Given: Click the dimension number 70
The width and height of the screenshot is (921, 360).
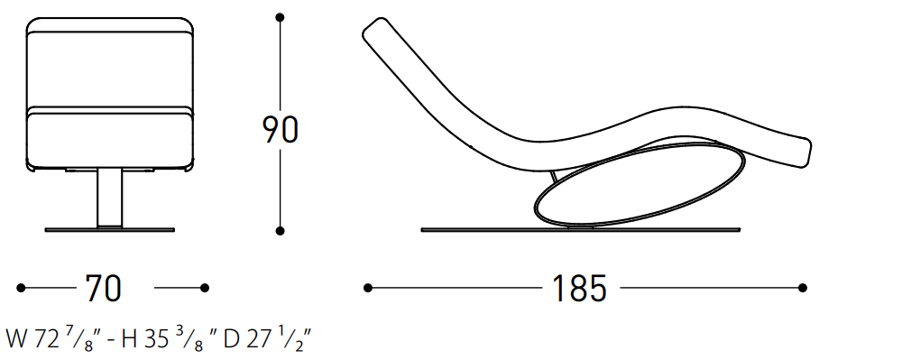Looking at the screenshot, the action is click(x=104, y=288).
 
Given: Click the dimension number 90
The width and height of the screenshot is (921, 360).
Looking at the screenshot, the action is click(x=281, y=130).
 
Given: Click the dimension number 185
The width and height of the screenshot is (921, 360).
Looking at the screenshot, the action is click(x=579, y=288).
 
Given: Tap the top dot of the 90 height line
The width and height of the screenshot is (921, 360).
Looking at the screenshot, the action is click(x=281, y=18).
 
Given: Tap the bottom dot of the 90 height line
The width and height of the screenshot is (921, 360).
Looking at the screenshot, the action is click(x=281, y=231).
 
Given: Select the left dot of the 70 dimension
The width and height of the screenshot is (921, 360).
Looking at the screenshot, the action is click(x=21, y=288).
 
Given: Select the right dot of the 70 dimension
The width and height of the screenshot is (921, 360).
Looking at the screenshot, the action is click(x=205, y=288).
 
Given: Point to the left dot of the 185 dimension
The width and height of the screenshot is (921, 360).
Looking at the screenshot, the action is click(x=368, y=288).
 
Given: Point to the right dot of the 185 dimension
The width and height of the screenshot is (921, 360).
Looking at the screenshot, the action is click(x=803, y=288).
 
